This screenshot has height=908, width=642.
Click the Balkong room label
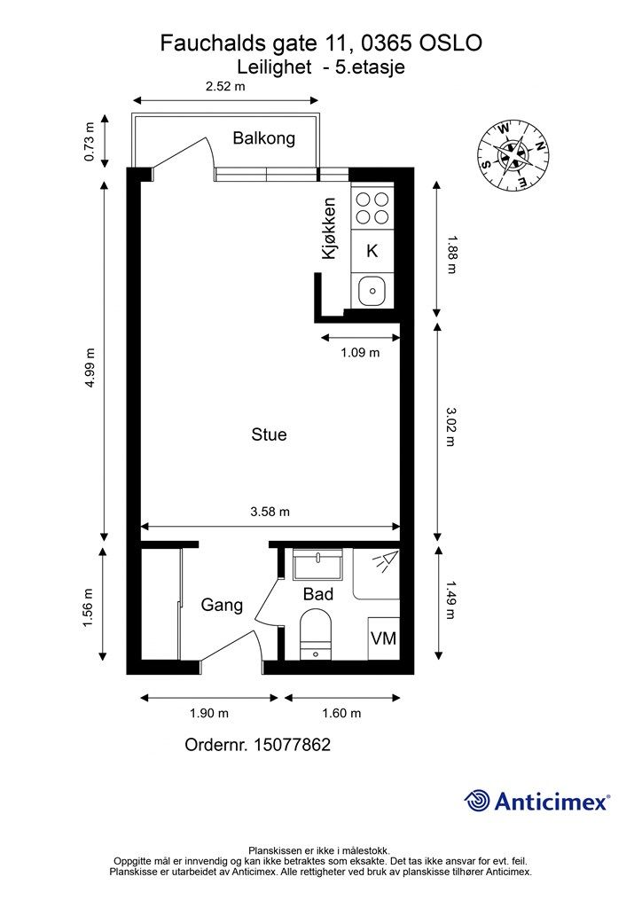(264, 138)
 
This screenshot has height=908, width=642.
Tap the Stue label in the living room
(270, 434)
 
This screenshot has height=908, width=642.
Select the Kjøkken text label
(329, 228)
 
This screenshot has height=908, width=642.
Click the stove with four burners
(372, 208)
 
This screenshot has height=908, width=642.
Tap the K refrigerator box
(372, 251)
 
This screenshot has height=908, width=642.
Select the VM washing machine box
(384, 638)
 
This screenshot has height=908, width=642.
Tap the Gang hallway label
(222, 605)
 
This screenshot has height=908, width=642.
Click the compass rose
(513, 155)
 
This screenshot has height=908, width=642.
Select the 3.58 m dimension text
(270, 512)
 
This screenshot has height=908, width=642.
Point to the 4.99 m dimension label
(90, 368)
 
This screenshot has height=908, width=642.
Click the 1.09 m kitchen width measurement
(360, 352)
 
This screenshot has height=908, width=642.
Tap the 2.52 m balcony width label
(225, 87)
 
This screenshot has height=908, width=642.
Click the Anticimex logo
(536, 801)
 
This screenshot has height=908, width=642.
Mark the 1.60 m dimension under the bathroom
(341, 713)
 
